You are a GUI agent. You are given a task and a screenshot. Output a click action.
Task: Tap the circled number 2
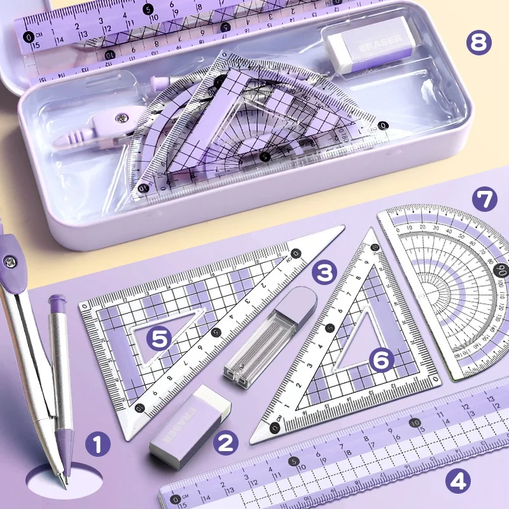[x=225, y=442]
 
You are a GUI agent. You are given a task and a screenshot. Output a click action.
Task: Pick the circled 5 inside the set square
[x=159, y=338]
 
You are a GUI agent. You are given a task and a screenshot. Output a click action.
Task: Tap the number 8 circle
[x=479, y=43]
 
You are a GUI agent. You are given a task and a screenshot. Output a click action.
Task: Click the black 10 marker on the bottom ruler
[x=415, y=421]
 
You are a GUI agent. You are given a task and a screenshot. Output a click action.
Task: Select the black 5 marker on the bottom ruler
[x=293, y=461]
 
